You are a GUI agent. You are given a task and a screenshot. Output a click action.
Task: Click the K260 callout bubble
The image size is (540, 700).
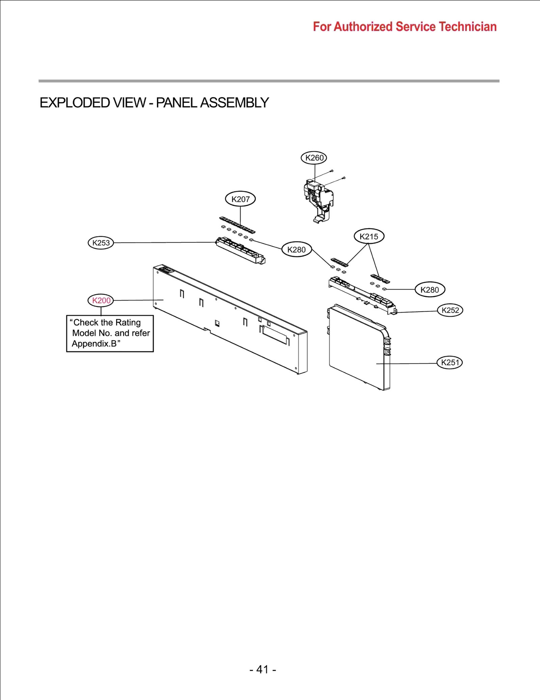pyautogui.click(x=314, y=158)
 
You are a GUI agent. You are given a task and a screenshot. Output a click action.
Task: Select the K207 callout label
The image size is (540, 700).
pyautogui.click(x=240, y=199)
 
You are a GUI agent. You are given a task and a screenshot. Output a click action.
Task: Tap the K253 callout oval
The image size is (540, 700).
pyautogui.click(x=101, y=243)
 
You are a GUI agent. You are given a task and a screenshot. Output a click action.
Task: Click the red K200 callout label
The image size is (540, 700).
pyautogui.click(x=101, y=300)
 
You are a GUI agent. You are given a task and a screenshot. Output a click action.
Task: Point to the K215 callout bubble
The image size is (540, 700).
pyautogui.click(x=369, y=236)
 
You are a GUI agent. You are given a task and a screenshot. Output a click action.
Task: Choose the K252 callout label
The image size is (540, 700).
pyautogui.click(x=450, y=310)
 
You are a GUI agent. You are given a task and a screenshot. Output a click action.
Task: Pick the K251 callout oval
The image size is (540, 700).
pyautogui.click(x=450, y=362)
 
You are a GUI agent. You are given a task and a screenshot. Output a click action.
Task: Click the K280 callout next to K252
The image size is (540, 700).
pyautogui.click(x=430, y=289)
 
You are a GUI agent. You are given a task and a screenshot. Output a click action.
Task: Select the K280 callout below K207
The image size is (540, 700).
pyautogui.click(x=296, y=250)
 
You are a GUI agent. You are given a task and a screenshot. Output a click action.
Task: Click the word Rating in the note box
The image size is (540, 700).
pyautogui.click(x=128, y=322)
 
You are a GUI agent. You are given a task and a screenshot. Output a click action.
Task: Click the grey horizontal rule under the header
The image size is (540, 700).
pyautogui.click(x=269, y=81)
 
